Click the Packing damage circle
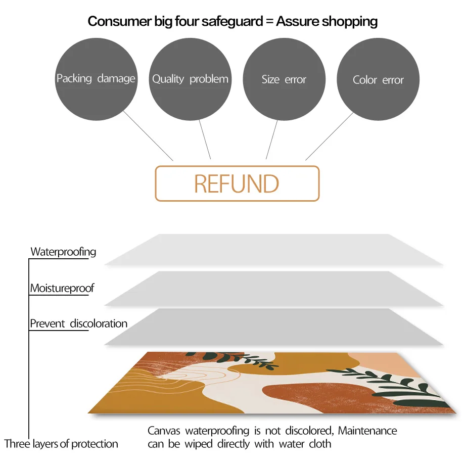(x=96, y=79)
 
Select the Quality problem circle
(x=190, y=79)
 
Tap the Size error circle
(x=284, y=79)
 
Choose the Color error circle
(x=378, y=79)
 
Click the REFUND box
(x=237, y=183)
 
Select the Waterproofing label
(x=63, y=252)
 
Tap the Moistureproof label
(x=62, y=289)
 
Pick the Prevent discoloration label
(x=78, y=323)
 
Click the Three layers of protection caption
(x=61, y=444)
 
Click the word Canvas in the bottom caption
(x=164, y=431)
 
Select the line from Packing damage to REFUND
(x=149, y=136)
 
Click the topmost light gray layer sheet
(x=273, y=250)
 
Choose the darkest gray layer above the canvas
(x=273, y=327)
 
